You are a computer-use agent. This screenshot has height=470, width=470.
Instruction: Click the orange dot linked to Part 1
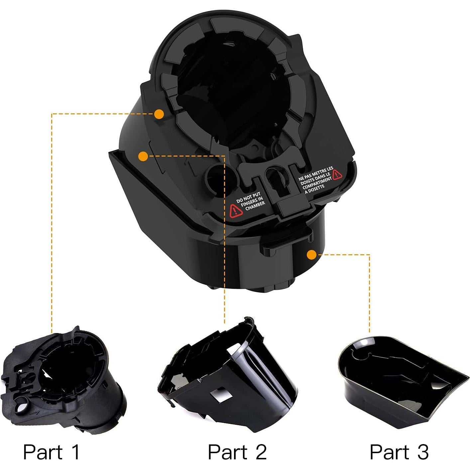(x=159, y=114)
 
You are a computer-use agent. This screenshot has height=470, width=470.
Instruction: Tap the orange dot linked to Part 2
(x=143, y=156)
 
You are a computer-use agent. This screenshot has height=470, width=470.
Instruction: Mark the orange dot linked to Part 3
(x=311, y=255)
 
